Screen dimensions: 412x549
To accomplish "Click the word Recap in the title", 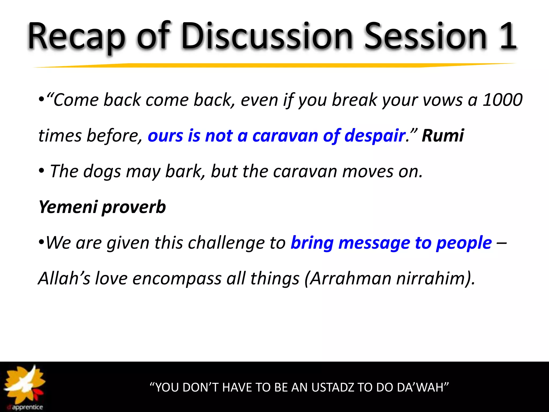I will pos(76,36).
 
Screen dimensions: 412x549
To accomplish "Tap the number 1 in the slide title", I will pos(507,36).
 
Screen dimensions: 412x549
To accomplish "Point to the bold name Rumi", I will pos(443,135).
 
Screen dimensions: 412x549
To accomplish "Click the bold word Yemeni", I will pos(68,207).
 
